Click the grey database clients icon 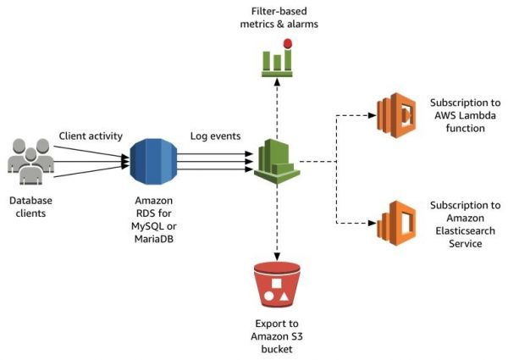pos(30,162)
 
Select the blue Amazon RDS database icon pos(153,162)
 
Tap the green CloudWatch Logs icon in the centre pos(277,162)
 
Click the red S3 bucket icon pos(277,285)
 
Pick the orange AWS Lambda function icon pos(396,115)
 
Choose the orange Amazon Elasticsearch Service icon pos(396,224)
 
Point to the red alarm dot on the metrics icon pos(288,43)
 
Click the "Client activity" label pos(91,136)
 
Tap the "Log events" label pos(215,136)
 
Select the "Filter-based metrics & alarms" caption pos(279,18)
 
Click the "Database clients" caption pos(30,207)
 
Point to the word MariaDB pos(154,239)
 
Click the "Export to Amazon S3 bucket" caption pos(277,336)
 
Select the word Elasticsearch pos(465,230)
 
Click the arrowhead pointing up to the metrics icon pos(277,81)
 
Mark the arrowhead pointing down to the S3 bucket pos(277,257)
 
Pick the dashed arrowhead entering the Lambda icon pos(373,115)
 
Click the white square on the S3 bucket pos(276,284)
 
